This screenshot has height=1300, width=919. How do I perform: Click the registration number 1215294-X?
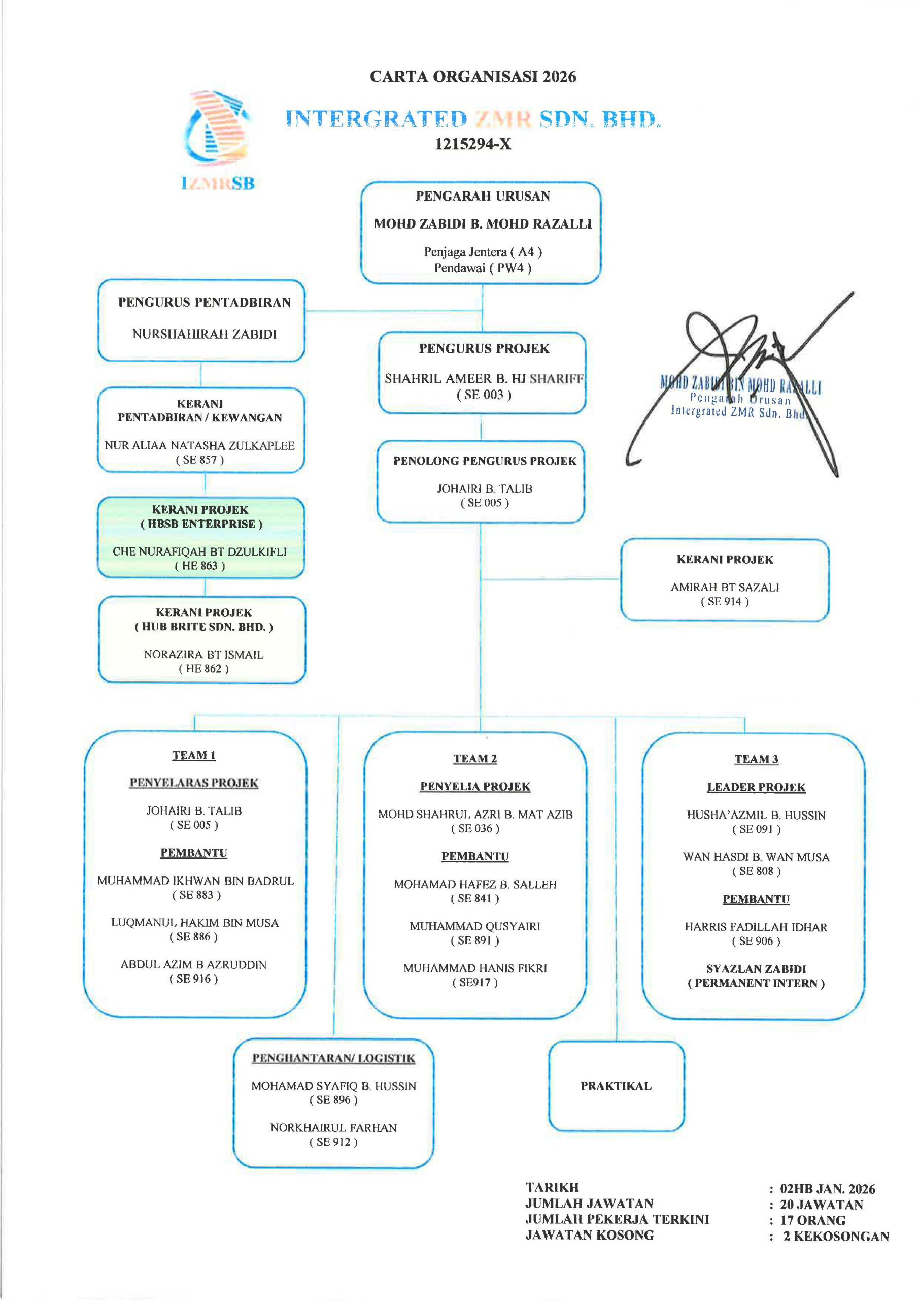click(x=472, y=144)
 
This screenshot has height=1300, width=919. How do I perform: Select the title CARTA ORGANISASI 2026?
click(x=472, y=77)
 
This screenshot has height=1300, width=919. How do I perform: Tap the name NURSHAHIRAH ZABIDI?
click(x=205, y=334)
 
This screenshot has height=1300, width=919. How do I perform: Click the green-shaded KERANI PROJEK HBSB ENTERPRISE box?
click(x=201, y=537)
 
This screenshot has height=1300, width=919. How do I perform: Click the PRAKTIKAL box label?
click(x=616, y=1085)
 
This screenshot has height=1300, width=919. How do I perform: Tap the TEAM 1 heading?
click(x=193, y=755)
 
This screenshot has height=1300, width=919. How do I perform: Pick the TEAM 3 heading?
click(x=756, y=759)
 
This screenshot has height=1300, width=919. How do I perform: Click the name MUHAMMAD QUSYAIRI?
click(x=475, y=926)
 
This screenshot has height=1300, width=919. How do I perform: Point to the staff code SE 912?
click(x=333, y=1142)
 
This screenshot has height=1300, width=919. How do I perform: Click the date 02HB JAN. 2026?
click(x=827, y=1188)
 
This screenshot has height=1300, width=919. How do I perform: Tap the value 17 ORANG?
click(x=812, y=1220)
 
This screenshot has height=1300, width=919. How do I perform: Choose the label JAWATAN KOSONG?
click(x=589, y=1235)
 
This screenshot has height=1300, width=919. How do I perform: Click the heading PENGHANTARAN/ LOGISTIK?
click(x=333, y=1058)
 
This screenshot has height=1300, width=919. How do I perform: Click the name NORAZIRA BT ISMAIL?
click(x=203, y=655)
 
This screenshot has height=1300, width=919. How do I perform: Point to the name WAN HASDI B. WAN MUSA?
click(x=756, y=857)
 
